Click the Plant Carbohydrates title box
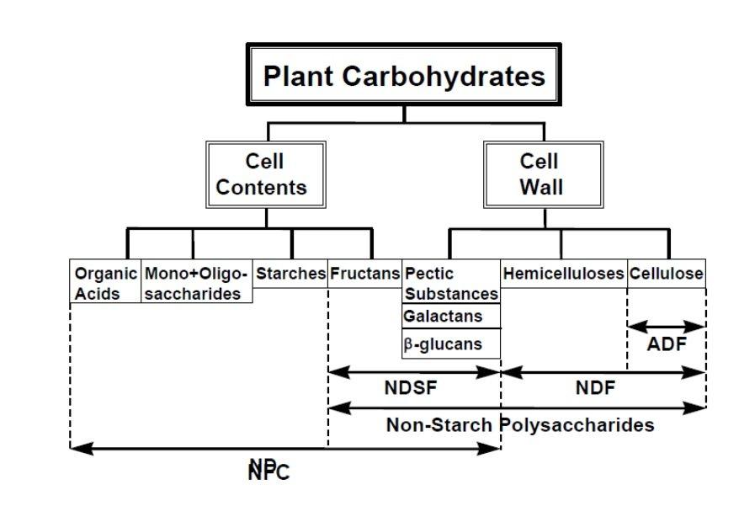tap(404, 76)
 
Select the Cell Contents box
tap(265, 174)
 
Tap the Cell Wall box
tap(543, 174)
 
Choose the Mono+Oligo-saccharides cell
tap(197, 283)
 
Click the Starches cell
tap(290, 274)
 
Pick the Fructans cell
tap(364, 274)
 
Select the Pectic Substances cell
tap(451, 283)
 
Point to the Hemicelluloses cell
tap(563, 274)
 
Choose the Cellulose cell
tap(667, 274)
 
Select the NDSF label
tap(413, 388)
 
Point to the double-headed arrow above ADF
tap(667, 327)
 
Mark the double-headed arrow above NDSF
tap(413, 372)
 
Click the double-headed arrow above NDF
tap(603, 372)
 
